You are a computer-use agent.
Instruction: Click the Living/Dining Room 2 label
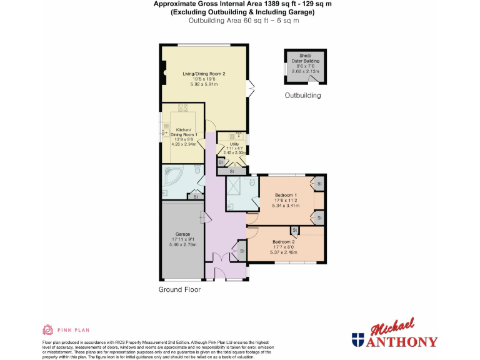click(x=204, y=73)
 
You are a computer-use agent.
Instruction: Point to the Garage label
click(x=182, y=234)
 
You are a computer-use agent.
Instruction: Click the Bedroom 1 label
click(x=286, y=195)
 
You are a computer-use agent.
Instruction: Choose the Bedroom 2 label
click(x=284, y=242)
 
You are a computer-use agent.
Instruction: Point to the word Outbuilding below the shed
click(x=302, y=96)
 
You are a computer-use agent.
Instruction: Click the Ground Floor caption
click(x=179, y=289)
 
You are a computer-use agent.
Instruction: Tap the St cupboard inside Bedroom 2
click(x=294, y=231)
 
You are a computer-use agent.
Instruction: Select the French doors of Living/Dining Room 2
click(x=251, y=88)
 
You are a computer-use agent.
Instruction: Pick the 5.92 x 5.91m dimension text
click(x=204, y=84)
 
